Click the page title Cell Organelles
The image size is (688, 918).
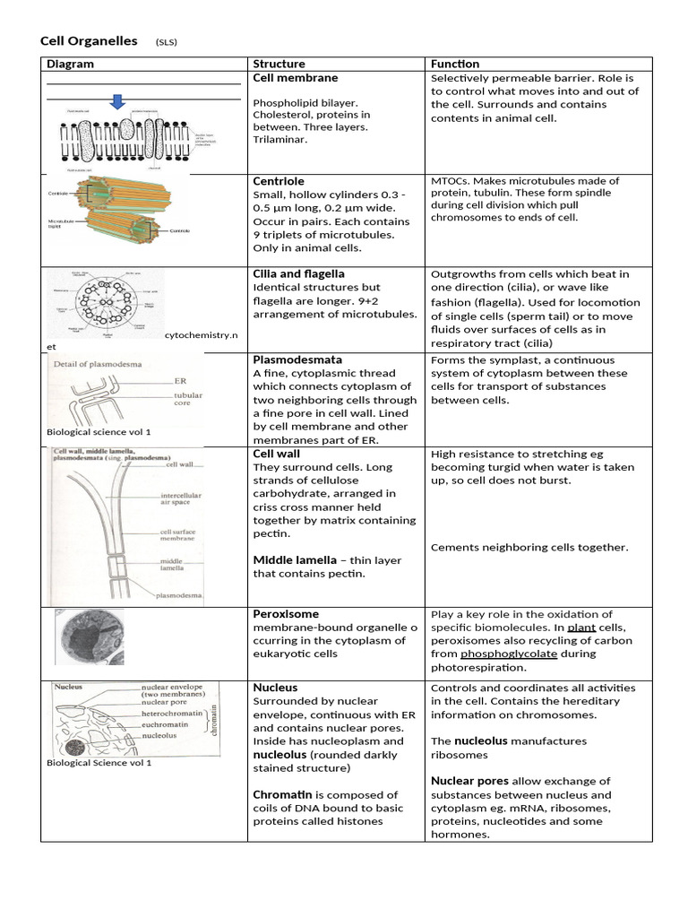tap(90, 41)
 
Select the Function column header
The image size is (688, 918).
tap(454, 65)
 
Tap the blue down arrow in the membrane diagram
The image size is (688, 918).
tap(116, 101)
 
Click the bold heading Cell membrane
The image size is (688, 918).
tap(296, 78)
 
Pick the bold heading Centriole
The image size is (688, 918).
tap(279, 181)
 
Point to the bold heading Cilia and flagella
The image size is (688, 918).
tap(298, 273)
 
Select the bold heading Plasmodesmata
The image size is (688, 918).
tap(297, 359)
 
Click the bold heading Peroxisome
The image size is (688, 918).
tap(286, 614)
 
